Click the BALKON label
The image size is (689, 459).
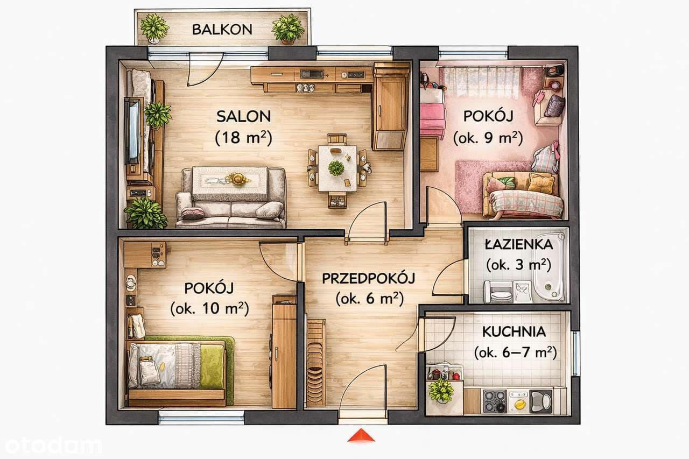pos(222,30)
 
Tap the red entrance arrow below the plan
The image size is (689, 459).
pos(361,436)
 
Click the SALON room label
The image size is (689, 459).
pos(244,116)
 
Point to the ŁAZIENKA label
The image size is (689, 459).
pos(519,245)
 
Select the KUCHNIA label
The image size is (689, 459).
pos(514,331)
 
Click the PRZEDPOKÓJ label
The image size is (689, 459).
pos(369,278)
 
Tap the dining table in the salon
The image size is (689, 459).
pos(338,168)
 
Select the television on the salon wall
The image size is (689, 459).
pos(132,131)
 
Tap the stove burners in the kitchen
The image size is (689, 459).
pos(495,401)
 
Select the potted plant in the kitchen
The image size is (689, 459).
pos(441,391)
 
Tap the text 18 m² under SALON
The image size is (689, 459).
pos(244,137)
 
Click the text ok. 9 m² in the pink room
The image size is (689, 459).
pos(488,138)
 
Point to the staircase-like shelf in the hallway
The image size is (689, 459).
pos(315,363)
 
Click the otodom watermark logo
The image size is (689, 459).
pos(53,446)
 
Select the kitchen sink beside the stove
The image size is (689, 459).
pos(541,401)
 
